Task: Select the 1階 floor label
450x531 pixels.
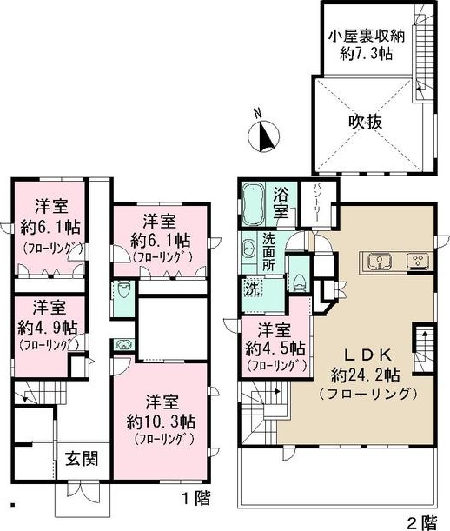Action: [195, 499]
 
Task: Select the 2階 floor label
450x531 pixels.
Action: [422, 521]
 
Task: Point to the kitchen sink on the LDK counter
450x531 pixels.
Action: [379, 260]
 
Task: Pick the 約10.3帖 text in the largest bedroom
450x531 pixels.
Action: [162, 421]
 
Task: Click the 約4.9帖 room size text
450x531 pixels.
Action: [47, 328]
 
